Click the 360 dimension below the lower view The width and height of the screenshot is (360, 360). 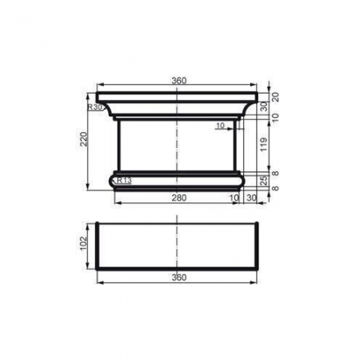[x=177, y=277]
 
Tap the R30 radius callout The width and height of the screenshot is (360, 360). [x=95, y=106]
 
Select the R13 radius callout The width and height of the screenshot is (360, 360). [x=123, y=180]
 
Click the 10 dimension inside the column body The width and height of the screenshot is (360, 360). [x=220, y=125]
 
